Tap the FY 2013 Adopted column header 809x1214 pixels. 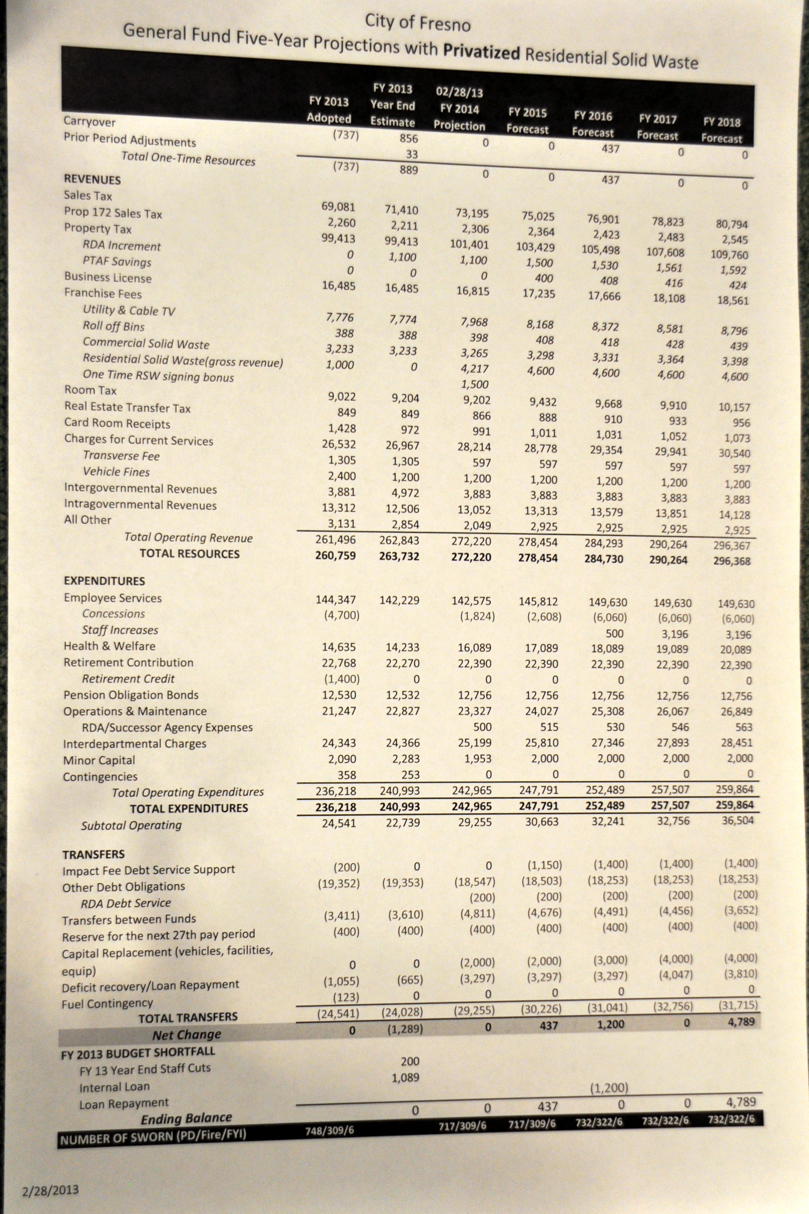pyautogui.click(x=329, y=110)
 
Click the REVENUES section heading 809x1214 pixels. pyautogui.click(x=92, y=180)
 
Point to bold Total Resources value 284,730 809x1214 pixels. pyautogui.click(x=604, y=559)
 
